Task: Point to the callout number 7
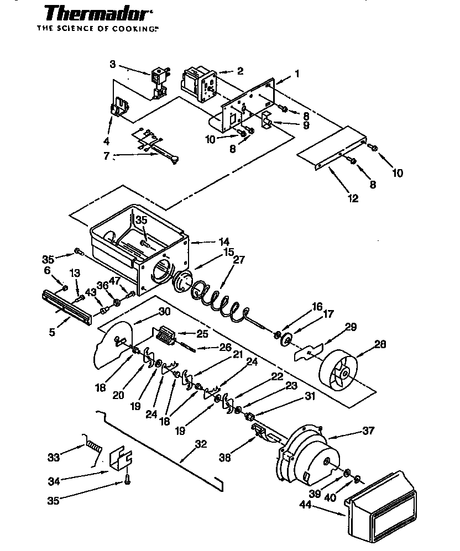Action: coord(107,156)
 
